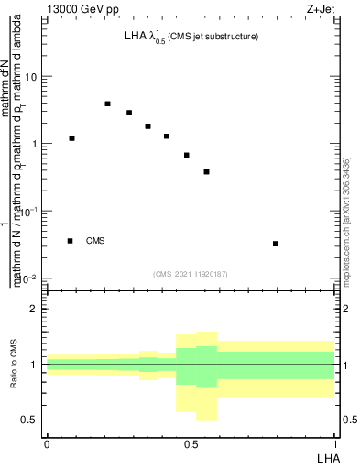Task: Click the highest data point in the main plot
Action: point(107,104)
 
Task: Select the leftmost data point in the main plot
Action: point(71,138)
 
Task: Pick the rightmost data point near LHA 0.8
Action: point(276,244)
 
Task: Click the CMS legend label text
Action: point(95,241)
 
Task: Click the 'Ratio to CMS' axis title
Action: point(16,366)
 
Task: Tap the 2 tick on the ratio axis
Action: point(33,309)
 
